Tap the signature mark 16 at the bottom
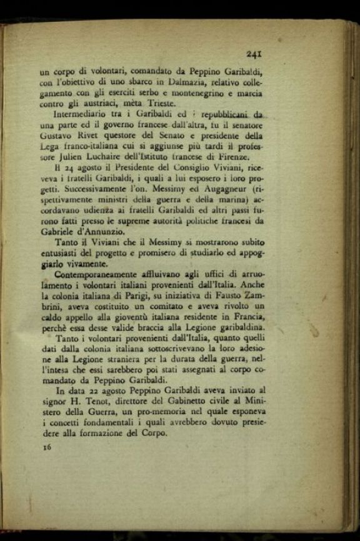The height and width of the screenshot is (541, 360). point(46,448)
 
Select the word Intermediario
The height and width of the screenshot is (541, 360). point(82,116)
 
